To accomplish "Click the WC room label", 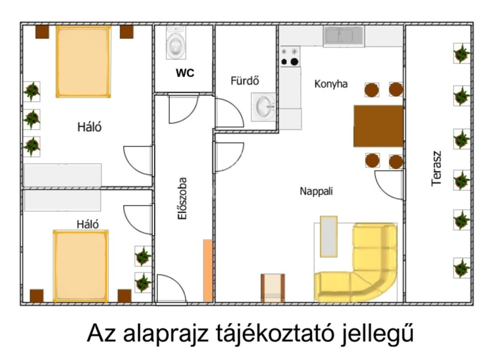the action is coord(185,73).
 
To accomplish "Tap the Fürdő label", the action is coord(245,80).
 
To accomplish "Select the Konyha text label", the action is coord(331,84).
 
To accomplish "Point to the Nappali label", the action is coord(316,191).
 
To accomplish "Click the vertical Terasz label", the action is coord(436,169).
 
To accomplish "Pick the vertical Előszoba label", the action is coord(182,198).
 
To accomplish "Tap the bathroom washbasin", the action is coord(263,107).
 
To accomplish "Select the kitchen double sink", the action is coord(344,35).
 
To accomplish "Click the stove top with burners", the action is coord(290,57).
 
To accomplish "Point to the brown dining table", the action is coord(378,126).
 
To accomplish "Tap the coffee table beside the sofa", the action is coord(328,236).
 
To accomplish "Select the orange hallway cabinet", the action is coord(208,270).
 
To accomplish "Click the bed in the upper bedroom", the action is coord(83,62).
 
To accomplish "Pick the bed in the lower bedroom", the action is coord(81,266).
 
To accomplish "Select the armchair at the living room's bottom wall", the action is coord(272,288).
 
